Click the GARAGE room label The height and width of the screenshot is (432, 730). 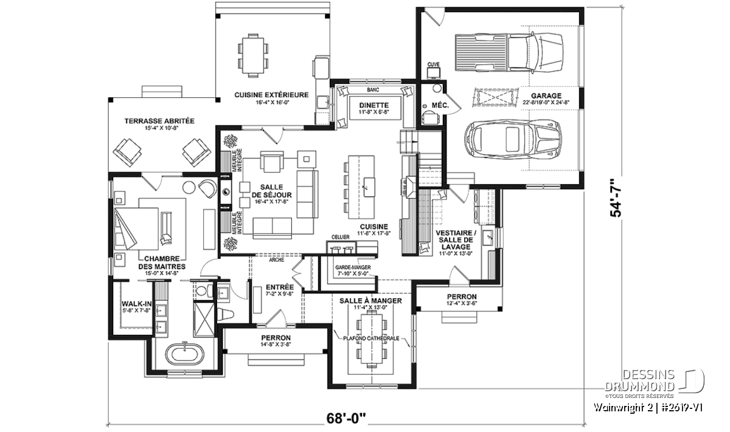tap(546, 96)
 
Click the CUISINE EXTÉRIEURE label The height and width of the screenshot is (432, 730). tap(271, 95)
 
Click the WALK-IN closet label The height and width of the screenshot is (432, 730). tap(133, 304)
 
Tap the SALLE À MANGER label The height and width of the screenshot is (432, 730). tap(370, 301)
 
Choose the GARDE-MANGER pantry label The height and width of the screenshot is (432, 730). tap(353, 267)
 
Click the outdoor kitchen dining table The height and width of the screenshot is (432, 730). tap(253, 53)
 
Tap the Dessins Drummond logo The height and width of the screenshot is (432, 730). tap(654, 382)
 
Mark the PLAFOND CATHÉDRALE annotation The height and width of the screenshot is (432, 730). tap(370, 338)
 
